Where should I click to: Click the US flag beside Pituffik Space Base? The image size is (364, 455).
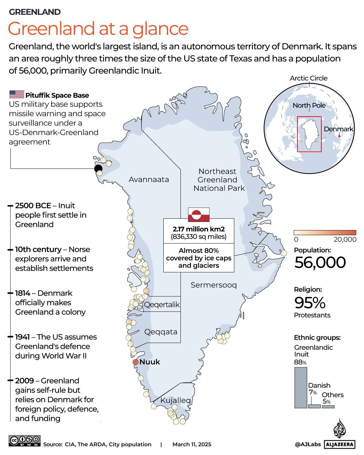tap(16, 94)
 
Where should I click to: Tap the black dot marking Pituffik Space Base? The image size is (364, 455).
tap(98, 168)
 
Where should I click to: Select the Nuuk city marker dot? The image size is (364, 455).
tap(135, 362)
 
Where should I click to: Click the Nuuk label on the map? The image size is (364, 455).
tap(150, 362)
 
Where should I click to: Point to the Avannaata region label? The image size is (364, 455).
tap(149, 180)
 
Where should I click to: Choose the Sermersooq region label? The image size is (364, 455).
tap(213, 285)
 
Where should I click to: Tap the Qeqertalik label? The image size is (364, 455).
tap(162, 305)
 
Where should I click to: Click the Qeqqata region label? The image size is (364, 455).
tap(161, 332)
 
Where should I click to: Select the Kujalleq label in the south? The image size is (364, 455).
tap(175, 400)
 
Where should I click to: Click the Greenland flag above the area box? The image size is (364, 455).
tap(199, 215)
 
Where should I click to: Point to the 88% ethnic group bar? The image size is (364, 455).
tap(301, 387)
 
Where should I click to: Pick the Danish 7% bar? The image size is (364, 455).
tap(314, 406)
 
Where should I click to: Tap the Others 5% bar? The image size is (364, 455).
tap(328, 407)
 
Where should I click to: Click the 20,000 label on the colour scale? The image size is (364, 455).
tap(345, 239)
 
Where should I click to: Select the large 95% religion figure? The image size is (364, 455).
tap(310, 303)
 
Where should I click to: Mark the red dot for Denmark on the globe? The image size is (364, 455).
tap(339, 136)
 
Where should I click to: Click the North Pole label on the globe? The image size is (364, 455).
tap(309, 105)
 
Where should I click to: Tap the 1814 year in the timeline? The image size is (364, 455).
tap(23, 293)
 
